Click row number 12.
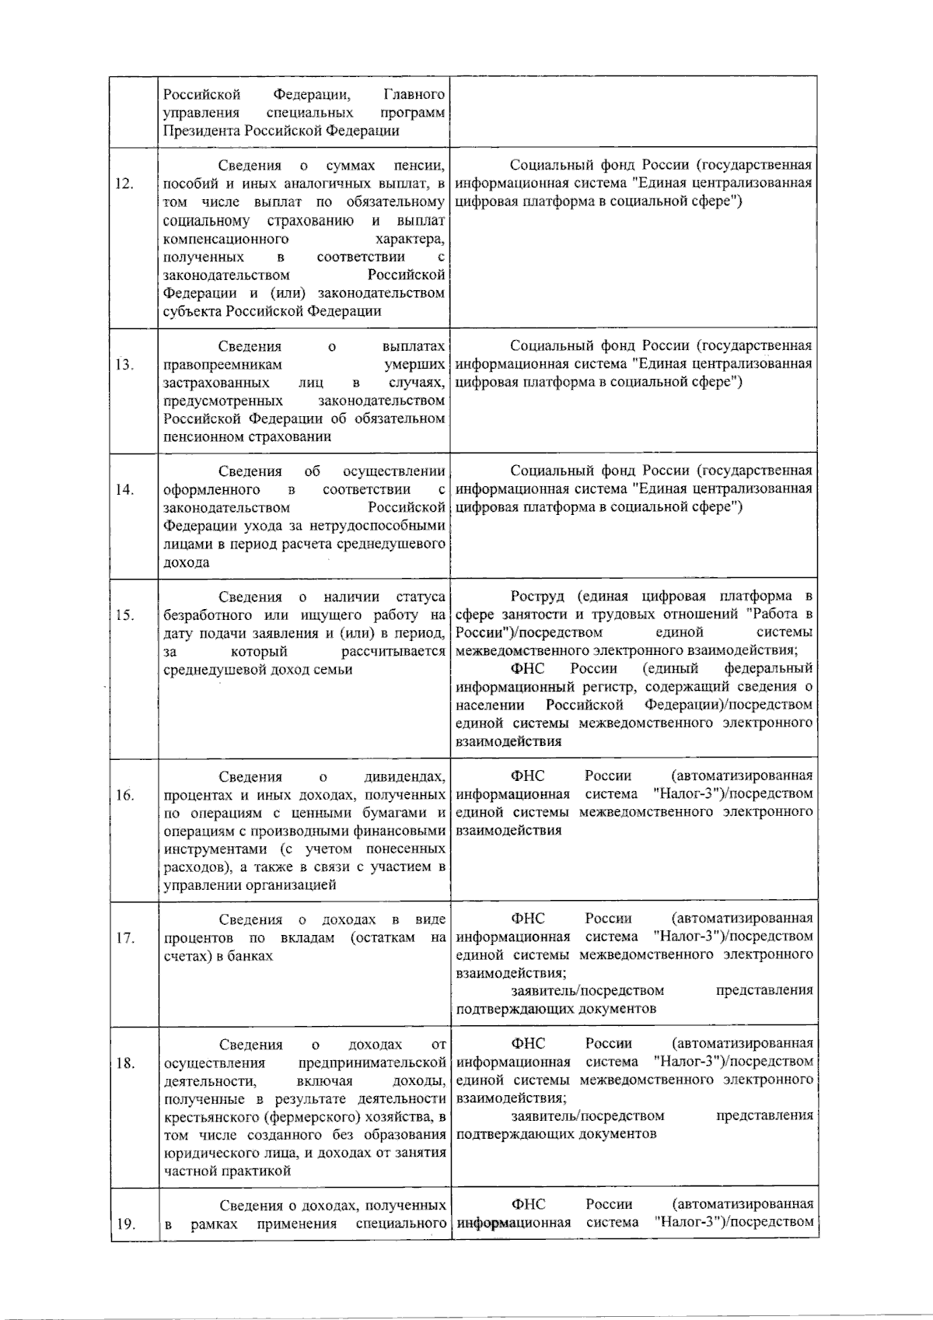pos(124,184)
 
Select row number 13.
pos(124,364)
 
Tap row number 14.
pos(124,489)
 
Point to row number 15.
pos(124,615)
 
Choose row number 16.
pos(124,795)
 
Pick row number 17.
pos(124,937)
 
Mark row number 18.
pos(124,1063)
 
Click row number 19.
pos(124,1224)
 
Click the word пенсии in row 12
pos(420,166)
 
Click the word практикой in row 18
pos(260,1171)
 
